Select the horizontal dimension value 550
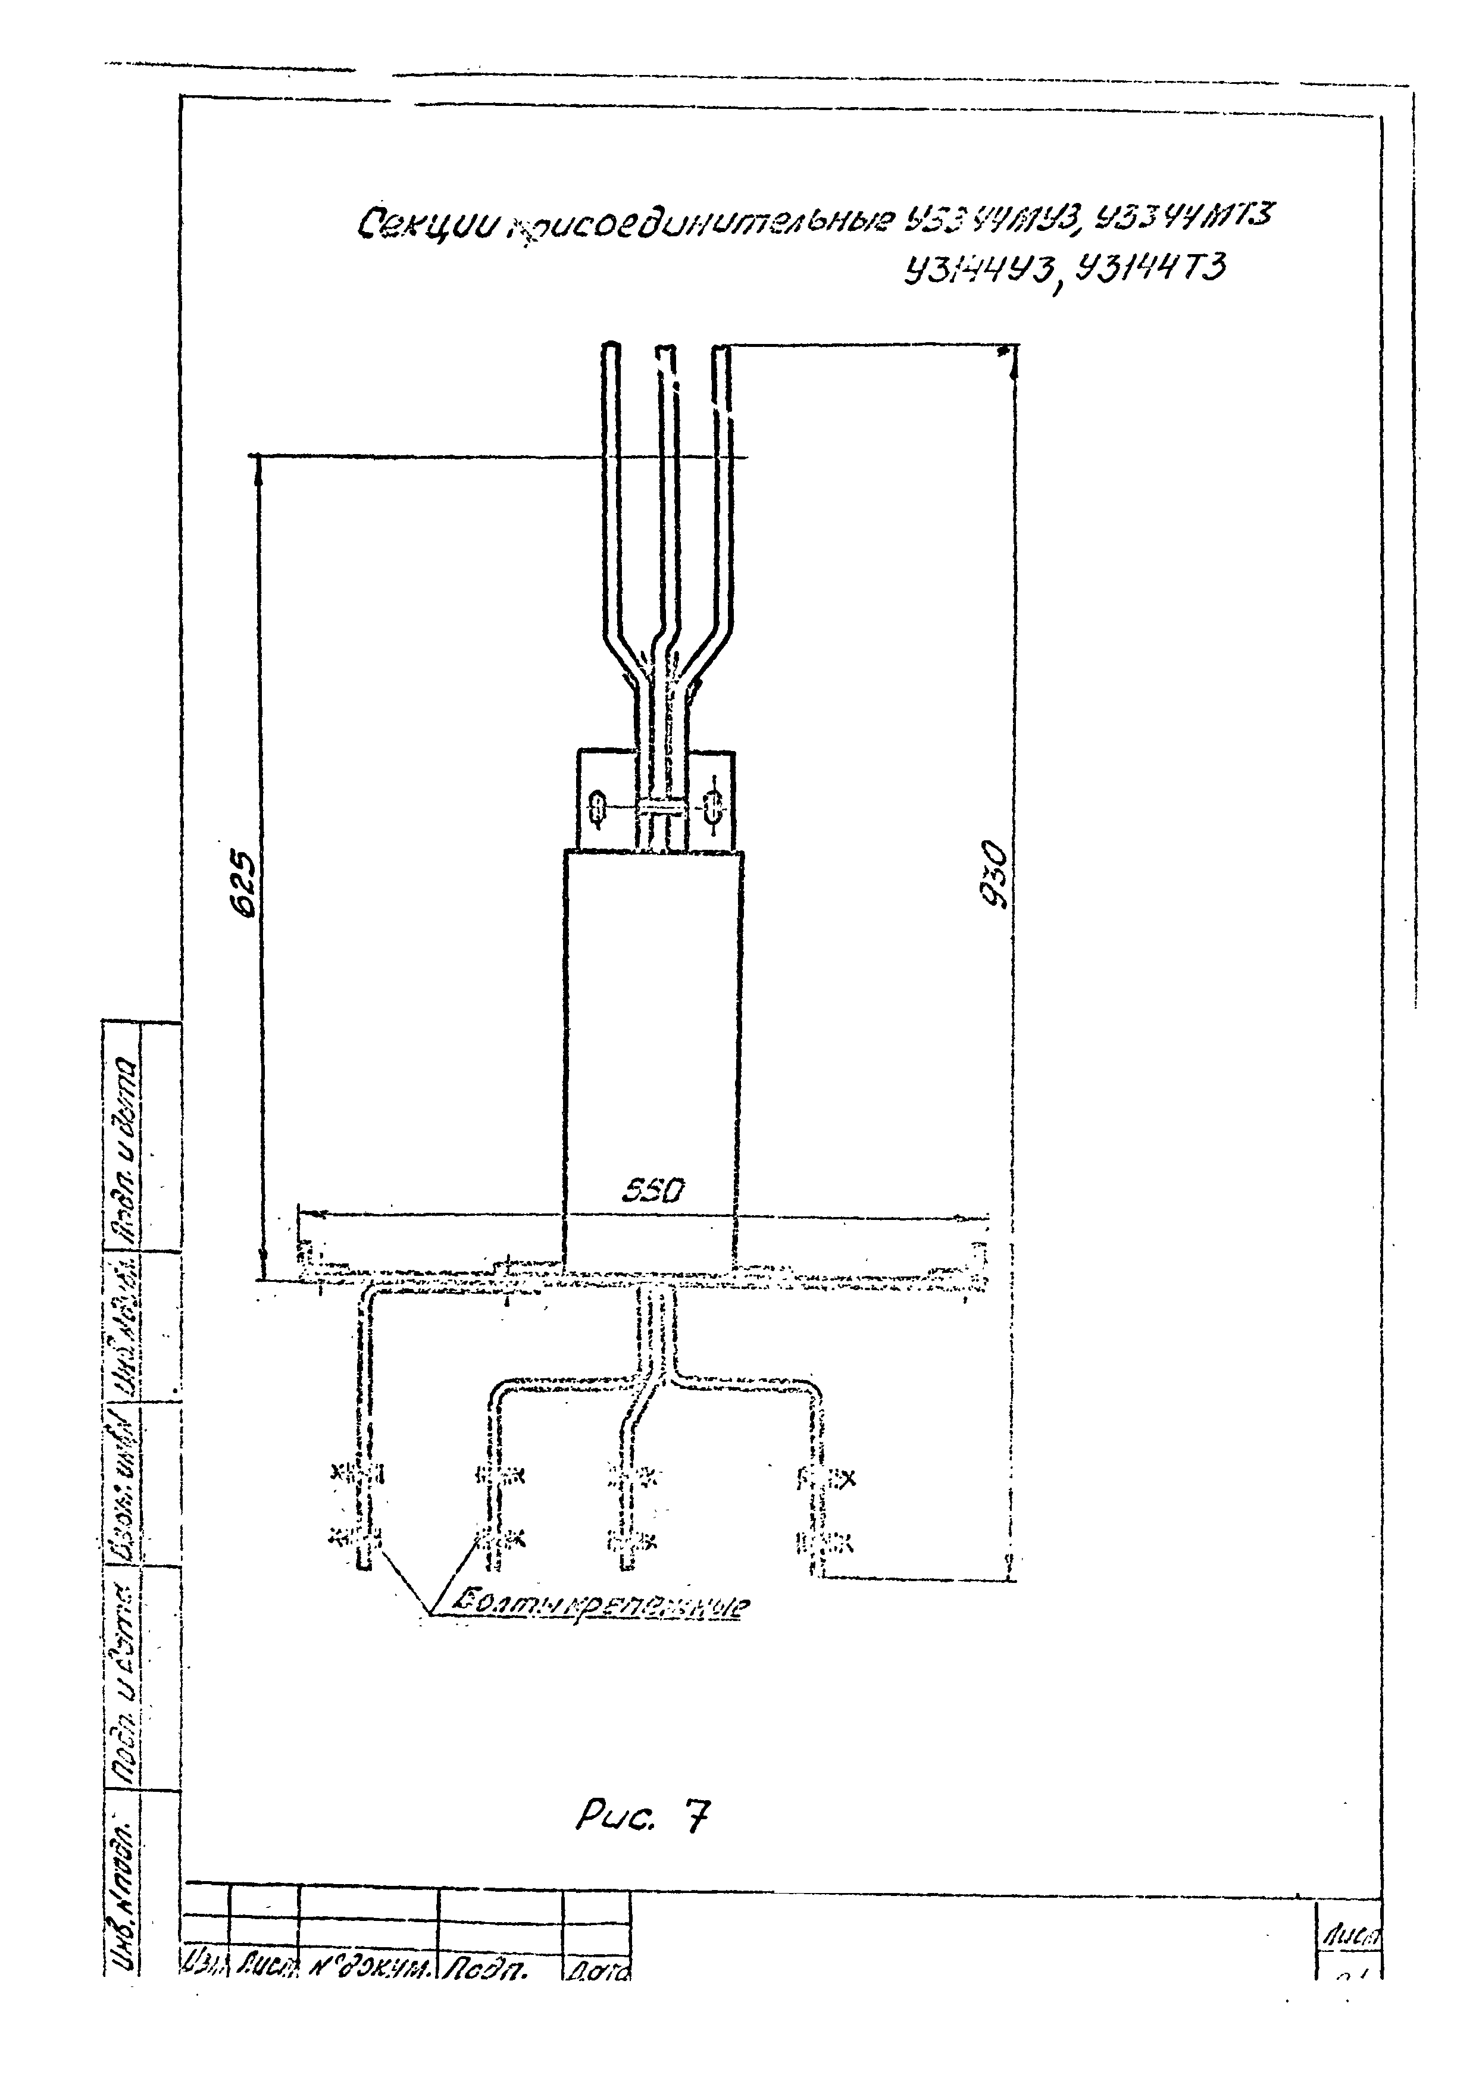click(652, 1191)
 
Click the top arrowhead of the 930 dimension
click(1014, 356)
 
